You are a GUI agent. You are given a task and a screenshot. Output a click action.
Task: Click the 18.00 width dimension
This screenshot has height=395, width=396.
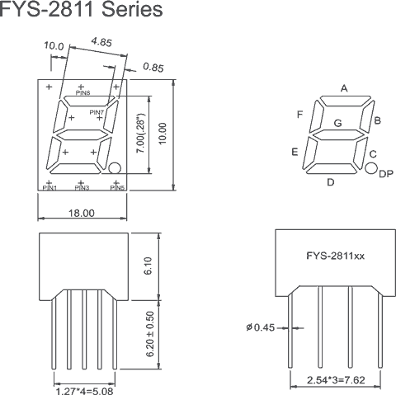pos(81,213)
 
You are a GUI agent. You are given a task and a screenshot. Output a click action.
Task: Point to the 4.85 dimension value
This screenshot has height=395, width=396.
pos(102,40)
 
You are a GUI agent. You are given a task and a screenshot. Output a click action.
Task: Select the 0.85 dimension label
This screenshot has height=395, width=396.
pos(153,67)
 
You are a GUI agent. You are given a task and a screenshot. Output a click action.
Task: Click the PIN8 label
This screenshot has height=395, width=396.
pos(82,93)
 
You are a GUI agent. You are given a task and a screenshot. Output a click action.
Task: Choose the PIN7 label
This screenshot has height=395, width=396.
pos(97,112)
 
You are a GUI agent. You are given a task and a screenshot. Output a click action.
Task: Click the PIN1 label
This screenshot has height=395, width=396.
pos(49,188)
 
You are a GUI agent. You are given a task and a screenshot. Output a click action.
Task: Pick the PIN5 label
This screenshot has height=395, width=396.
pos(116,188)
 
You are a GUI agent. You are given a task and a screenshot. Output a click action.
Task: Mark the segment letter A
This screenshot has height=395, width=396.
pos(344,88)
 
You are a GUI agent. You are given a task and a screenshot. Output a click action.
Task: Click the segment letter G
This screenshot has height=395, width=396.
pos(337,123)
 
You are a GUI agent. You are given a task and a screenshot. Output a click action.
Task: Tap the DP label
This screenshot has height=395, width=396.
pos(384,173)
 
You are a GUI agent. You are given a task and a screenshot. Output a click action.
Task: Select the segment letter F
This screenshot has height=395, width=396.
pos(300,114)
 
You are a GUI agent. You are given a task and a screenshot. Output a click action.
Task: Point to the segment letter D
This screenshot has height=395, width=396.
pos(330,182)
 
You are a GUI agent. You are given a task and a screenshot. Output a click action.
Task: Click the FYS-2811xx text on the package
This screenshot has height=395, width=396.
pos(336,256)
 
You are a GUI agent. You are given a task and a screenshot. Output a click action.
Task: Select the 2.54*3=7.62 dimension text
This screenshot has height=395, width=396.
pos(335,382)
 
